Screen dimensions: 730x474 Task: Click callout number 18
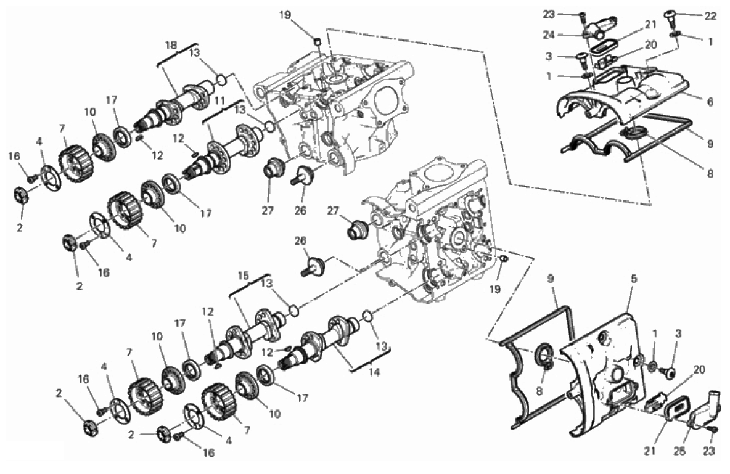(x=171, y=45)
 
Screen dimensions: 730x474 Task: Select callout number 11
(x=219, y=100)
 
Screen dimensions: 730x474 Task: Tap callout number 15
(x=243, y=276)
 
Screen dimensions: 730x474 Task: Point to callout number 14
(x=375, y=372)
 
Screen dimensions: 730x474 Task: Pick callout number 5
(x=634, y=279)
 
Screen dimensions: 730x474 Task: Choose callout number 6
(x=710, y=102)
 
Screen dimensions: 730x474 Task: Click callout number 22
(x=710, y=16)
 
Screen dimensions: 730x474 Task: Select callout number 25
(x=679, y=451)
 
